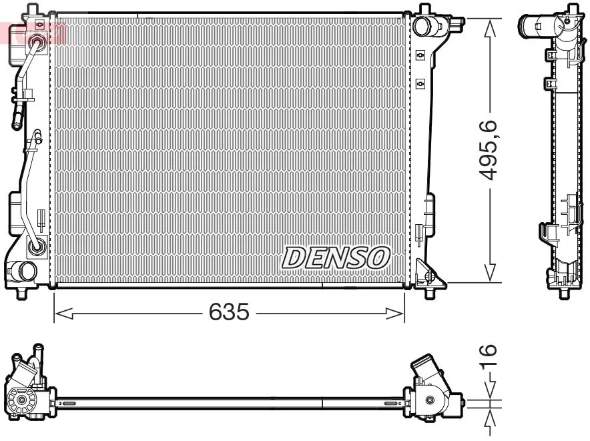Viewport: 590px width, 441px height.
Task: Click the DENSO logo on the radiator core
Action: tap(336, 257)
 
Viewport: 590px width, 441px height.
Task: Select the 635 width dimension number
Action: tap(229, 312)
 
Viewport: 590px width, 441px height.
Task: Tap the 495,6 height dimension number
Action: tap(491, 150)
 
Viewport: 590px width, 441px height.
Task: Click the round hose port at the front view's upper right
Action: tap(422, 26)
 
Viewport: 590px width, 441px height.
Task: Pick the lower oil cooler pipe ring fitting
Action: tap(37, 247)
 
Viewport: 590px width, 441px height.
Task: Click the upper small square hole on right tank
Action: tap(420, 55)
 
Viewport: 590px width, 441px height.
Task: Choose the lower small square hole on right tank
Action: tap(420, 83)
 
